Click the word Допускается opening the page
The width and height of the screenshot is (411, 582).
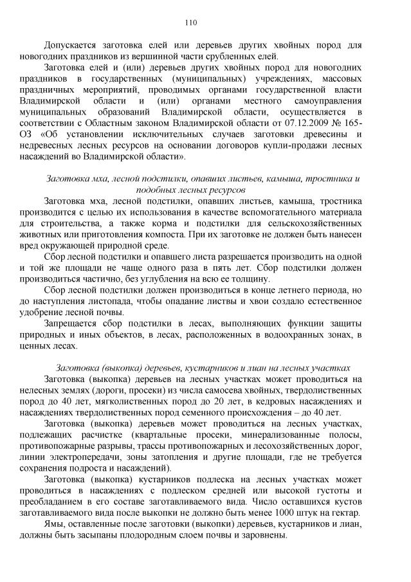pyautogui.click(x=77, y=45)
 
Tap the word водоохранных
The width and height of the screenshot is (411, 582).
pyautogui.click(x=302, y=334)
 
